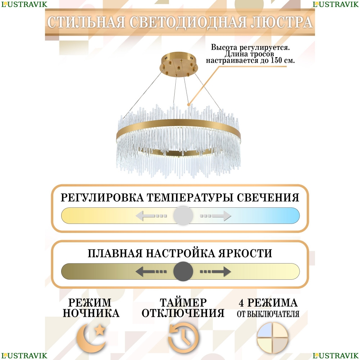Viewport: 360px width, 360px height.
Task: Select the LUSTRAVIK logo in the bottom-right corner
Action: [x=336, y=355]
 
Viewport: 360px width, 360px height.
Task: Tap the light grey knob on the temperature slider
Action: [x=183, y=216]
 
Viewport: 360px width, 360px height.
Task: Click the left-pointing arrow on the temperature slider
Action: [x=151, y=216]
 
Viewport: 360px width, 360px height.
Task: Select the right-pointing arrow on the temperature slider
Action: [x=216, y=216]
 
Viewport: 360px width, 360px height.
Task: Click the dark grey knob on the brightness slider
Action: [x=183, y=271]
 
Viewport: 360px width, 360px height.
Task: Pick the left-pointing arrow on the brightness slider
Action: [x=151, y=271]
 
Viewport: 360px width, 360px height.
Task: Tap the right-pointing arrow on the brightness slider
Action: [x=216, y=271]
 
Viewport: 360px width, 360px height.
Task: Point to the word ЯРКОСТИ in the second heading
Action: [x=245, y=253]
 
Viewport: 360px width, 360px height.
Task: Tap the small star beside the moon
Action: [x=100, y=330]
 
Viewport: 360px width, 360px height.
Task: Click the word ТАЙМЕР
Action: [x=183, y=303]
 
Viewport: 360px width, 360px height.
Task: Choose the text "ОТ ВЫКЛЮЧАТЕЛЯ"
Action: [x=268, y=314]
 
